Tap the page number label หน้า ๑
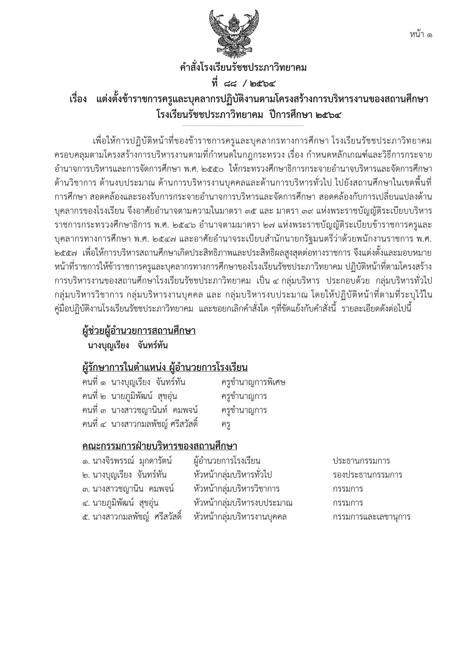[x=421, y=34]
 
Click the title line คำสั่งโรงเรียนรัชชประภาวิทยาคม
[x=243, y=68]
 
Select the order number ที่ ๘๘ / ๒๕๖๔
[x=243, y=83]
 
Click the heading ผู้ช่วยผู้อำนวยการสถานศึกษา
[x=139, y=331]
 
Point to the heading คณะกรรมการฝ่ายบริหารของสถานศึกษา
[x=160, y=446]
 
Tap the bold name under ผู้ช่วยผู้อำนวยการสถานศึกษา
[x=128, y=346]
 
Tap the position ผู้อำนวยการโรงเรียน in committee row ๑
[x=227, y=461]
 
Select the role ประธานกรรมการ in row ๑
[x=361, y=461]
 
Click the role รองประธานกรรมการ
[x=367, y=475]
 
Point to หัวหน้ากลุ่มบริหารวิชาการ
[x=236, y=489]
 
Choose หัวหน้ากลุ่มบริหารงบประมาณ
[x=243, y=503]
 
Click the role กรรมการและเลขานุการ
[x=371, y=517]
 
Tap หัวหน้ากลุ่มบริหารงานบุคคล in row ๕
[x=240, y=517]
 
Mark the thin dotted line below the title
[x=243, y=126]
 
